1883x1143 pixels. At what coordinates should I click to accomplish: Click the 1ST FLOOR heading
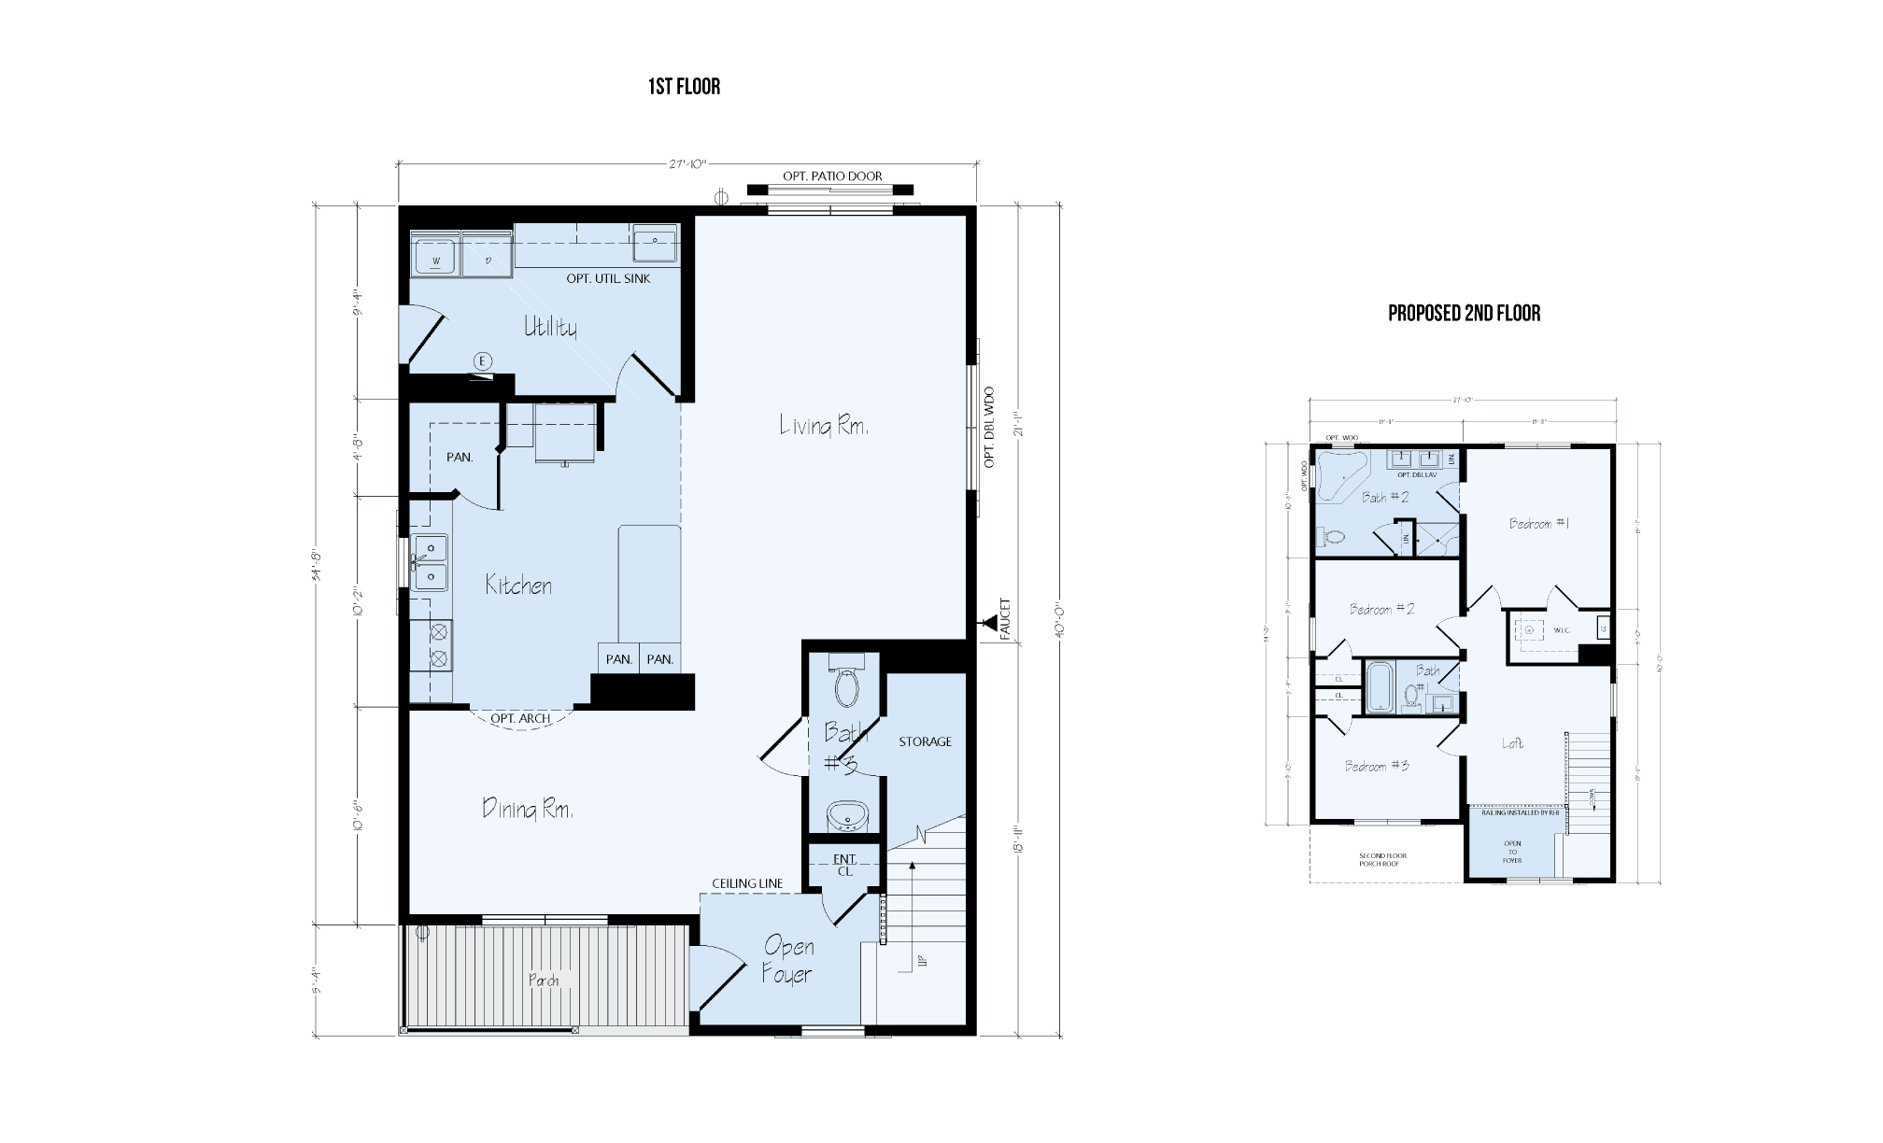[x=684, y=87]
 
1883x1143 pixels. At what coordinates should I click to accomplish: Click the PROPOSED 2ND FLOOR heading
[x=1464, y=313]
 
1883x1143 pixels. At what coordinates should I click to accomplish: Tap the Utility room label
[x=550, y=327]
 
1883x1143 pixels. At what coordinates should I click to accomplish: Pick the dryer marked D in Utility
[x=488, y=255]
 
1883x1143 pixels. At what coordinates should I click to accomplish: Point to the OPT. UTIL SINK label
[x=608, y=278]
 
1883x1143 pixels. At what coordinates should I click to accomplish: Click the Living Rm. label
[x=824, y=426]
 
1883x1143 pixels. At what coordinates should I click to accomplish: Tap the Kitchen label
[x=518, y=586]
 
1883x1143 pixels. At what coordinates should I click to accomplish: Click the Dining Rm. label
[x=527, y=808]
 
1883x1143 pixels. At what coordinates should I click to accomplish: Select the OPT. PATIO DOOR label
[x=832, y=176]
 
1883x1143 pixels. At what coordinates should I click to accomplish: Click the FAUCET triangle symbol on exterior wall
[x=987, y=622]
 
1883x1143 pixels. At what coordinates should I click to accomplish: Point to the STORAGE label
[x=925, y=741]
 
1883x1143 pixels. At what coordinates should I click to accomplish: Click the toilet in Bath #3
[x=847, y=686]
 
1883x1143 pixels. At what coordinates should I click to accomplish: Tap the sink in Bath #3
[x=848, y=814]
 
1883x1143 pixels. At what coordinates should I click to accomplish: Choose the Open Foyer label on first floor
[x=787, y=959]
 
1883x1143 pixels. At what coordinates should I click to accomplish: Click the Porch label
[x=544, y=981]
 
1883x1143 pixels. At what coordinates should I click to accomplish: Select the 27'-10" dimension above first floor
[x=687, y=164]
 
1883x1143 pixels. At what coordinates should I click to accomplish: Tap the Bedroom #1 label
[x=1539, y=524]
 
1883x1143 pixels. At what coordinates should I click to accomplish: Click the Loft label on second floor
[x=1512, y=743]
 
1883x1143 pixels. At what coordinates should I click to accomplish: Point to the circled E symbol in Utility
[x=483, y=361]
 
